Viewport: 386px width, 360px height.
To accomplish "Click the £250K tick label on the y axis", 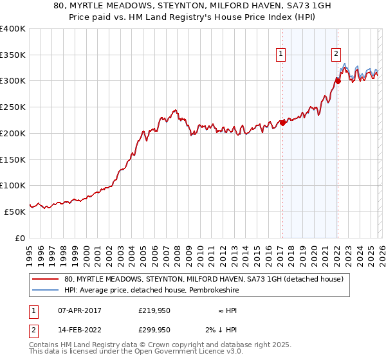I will [13, 107].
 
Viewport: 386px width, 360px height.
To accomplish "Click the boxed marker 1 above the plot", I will [282, 54].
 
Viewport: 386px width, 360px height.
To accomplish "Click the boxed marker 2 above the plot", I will [336, 54].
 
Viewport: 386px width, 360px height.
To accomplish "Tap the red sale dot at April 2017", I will [282, 123].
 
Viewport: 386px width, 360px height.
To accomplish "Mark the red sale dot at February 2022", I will [337, 81].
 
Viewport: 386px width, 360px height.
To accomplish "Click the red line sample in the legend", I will [45, 279].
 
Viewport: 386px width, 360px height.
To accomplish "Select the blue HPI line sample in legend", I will [45, 291].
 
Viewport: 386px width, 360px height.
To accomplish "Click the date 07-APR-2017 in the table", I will [80, 310].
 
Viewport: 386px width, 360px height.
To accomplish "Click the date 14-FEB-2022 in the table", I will [80, 330].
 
